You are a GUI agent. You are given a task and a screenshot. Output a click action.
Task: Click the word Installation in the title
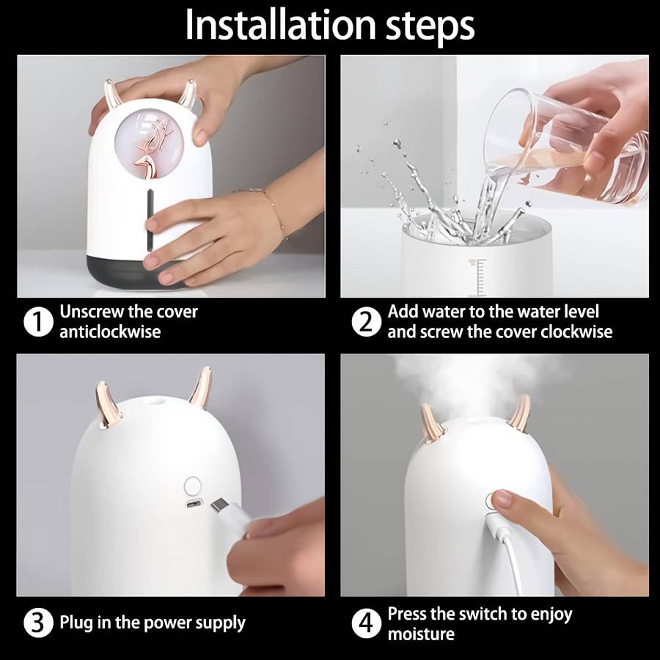[x=280, y=24]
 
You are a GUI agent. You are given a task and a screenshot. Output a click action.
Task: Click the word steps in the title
[x=430, y=27]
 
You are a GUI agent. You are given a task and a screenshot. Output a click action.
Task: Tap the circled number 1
[x=38, y=323]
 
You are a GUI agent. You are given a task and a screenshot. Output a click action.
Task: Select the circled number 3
[x=38, y=623]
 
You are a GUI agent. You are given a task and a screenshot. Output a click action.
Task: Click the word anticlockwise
[x=110, y=331]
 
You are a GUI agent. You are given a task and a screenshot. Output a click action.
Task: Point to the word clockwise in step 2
[x=576, y=331]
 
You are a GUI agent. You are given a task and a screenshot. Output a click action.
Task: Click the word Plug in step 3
[x=76, y=623]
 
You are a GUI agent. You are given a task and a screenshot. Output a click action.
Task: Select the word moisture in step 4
[x=421, y=634]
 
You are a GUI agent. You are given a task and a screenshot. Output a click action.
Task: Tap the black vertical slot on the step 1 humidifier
[x=150, y=220]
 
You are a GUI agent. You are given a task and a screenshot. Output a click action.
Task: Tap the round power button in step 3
[x=192, y=485]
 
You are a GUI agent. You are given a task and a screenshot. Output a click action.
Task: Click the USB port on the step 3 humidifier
[x=194, y=504]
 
